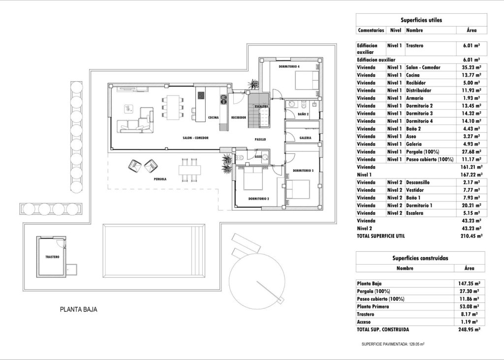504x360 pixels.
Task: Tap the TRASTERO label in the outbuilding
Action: [52, 257]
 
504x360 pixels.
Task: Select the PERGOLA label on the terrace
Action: [159, 180]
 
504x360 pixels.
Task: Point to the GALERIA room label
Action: [305, 138]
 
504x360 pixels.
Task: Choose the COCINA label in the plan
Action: [213, 118]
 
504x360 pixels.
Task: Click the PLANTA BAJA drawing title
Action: [78, 310]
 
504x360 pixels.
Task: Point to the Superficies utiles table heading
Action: [421, 20]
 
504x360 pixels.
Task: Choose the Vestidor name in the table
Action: [416, 190]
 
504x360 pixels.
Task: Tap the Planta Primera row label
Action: [374, 306]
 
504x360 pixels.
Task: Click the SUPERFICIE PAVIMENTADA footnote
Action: [393, 344]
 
